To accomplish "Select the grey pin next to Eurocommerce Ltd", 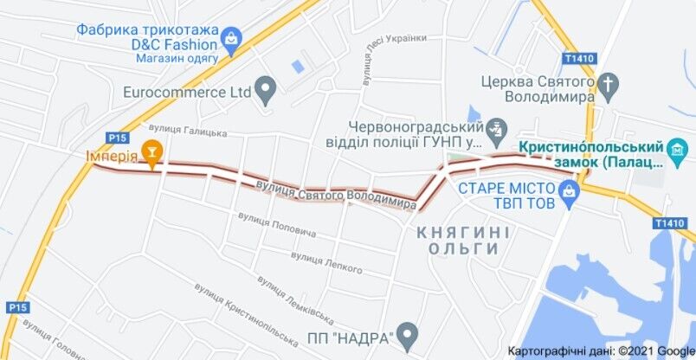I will click(266, 89).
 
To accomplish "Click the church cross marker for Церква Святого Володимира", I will click(610, 83).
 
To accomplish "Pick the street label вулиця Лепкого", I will click(326, 261).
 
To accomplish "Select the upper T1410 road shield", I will click(578, 59).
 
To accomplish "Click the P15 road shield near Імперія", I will click(117, 137).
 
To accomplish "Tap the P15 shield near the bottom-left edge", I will click(17, 307).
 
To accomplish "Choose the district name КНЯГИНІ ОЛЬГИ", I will click(463, 241).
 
